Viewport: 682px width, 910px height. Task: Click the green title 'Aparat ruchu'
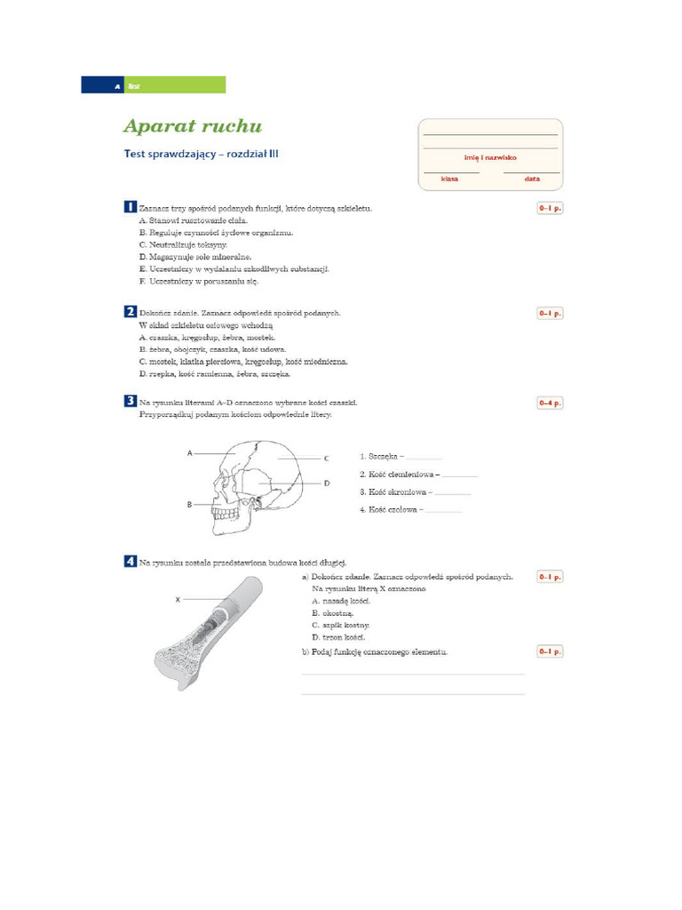click(x=193, y=127)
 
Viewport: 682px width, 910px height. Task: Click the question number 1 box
click(x=130, y=207)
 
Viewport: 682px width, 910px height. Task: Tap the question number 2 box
click(x=130, y=312)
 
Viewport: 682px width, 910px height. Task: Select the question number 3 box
click(x=130, y=402)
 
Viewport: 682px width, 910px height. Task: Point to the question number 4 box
click(x=130, y=562)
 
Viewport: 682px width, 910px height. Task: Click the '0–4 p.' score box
click(x=550, y=403)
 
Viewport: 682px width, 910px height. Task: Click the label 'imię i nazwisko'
click(x=490, y=157)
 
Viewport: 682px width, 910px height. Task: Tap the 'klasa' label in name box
click(x=449, y=179)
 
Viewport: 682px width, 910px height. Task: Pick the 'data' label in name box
click(x=531, y=179)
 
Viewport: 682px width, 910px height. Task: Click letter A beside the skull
click(x=190, y=453)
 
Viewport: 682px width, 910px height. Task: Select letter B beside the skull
click(x=190, y=504)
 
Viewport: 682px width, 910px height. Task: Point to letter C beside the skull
click(x=327, y=459)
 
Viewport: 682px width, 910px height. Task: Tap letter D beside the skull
click(x=327, y=483)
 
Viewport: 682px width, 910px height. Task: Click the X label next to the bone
click(x=178, y=600)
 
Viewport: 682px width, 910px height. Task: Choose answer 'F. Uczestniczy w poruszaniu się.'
click(x=198, y=281)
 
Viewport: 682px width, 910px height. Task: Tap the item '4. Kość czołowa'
click(x=392, y=510)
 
